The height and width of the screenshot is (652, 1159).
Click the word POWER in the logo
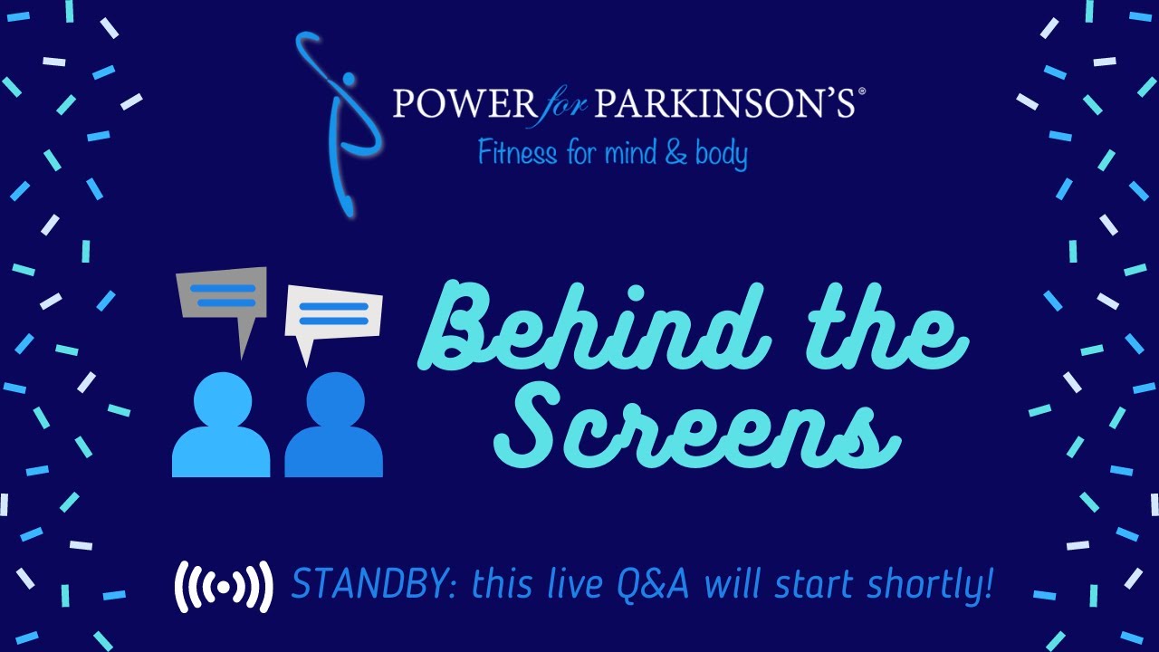[x=464, y=103]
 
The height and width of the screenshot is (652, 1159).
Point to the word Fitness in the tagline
[x=517, y=152]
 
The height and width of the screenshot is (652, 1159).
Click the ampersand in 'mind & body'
[x=675, y=152]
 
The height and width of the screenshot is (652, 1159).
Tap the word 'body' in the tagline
[x=721, y=154]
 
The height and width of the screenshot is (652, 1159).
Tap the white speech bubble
[x=332, y=315]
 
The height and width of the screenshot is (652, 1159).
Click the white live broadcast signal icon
[x=223, y=587]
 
